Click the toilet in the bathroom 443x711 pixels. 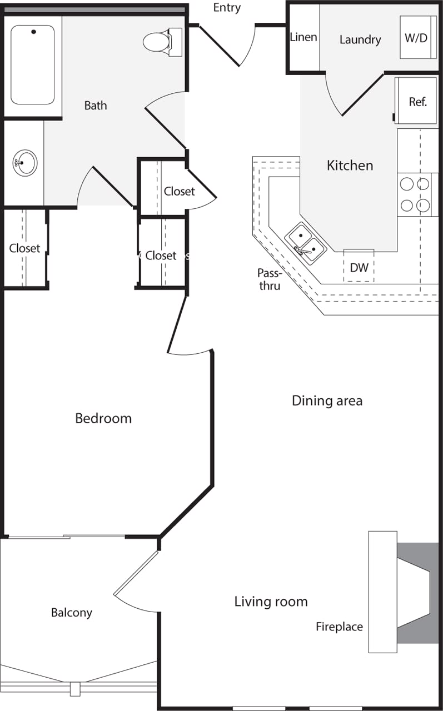pyautogui.click(x=162, y=41)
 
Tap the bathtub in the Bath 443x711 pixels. pyautogui.click(x=33, y=64)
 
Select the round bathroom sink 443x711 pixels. pyautogui.click(x=25, y=163)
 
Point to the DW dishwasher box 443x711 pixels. pyautogui.click(x=359, y=267)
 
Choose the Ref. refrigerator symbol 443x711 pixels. pyautogui.click(x=417, y=102)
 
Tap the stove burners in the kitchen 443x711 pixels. pyautogui.click(x=415, y=194)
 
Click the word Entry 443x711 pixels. pyautogui.click(x=227, y=8)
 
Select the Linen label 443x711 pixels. pyautogui.click(x=303, y=37)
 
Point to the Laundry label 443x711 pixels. pyautogui.click(x=360, y=40)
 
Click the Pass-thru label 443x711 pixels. pyautogui.click(x=269, y=279)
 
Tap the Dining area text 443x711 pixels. pyautogui.click(x=327, y=400)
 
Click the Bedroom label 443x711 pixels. pyautogui.click(x=103, y=418)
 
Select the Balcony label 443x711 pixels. pyautogui.click(x=72, y=613)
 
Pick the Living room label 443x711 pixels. pyautogui.click(x=271, y=602)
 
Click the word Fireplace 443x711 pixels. pyautogui.click(x=339, y=627)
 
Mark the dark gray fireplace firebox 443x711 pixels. pyautogui.click(x=417, y=593)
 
